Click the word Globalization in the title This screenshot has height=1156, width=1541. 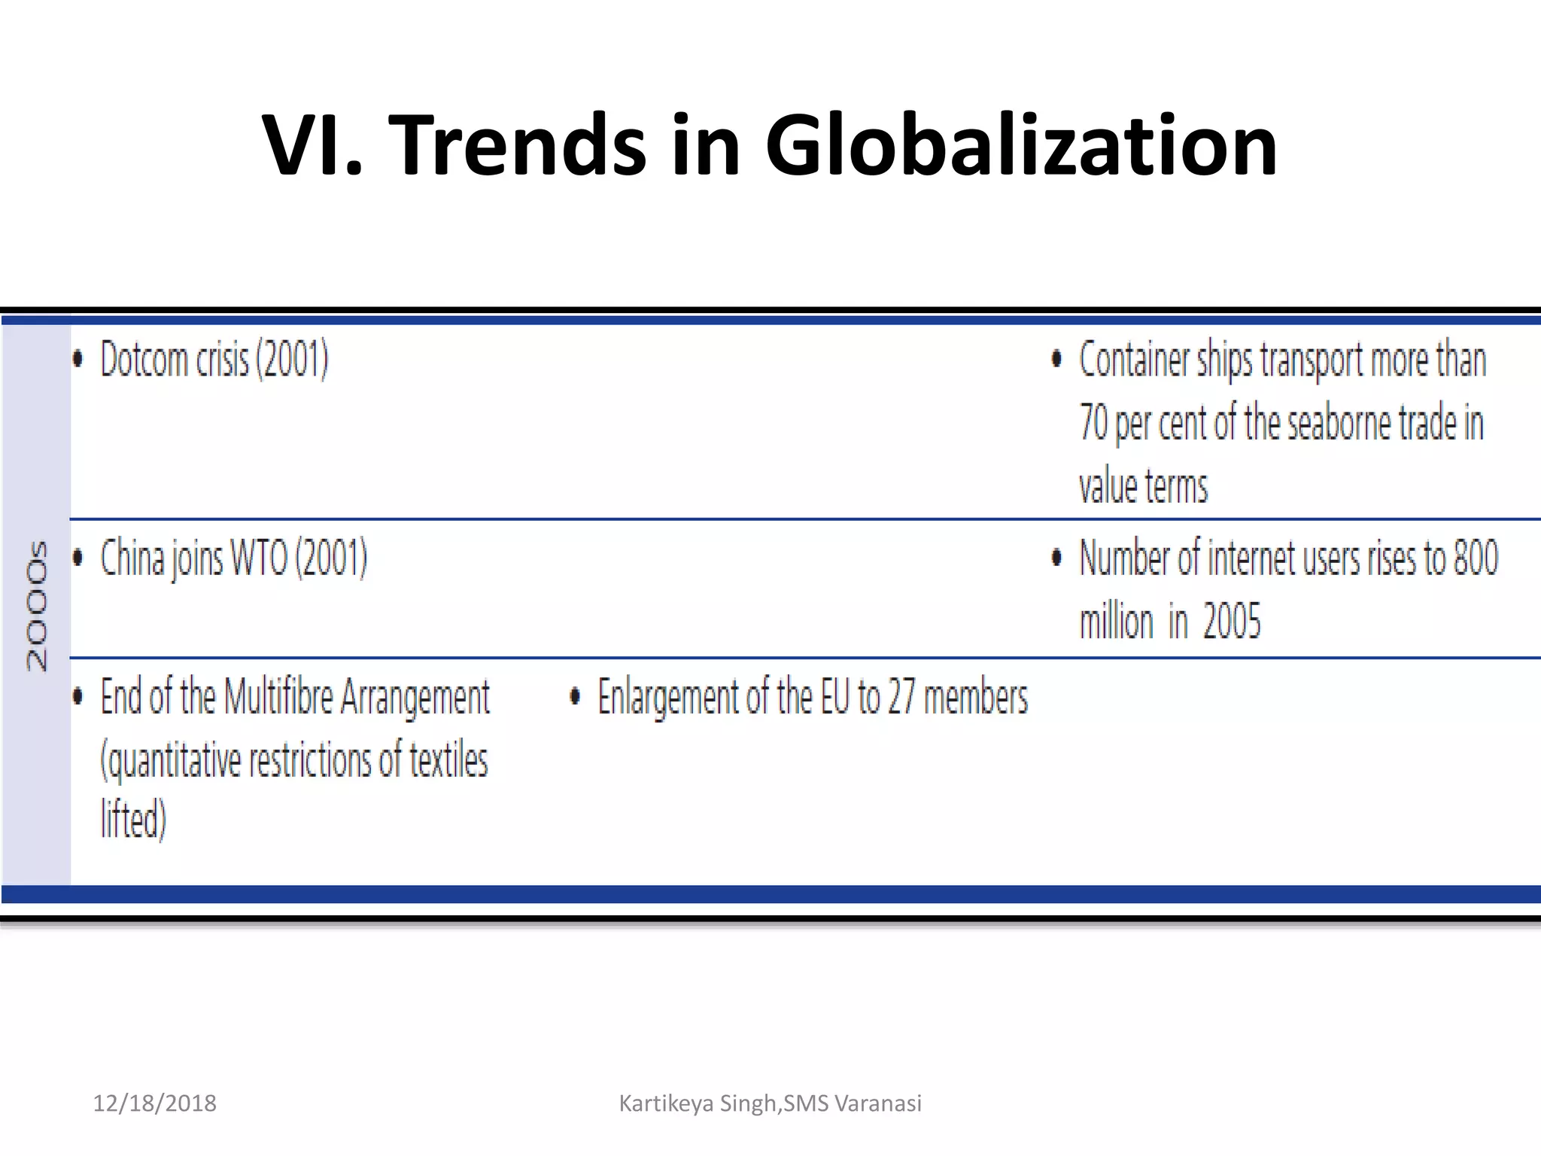[x=1021, y=144]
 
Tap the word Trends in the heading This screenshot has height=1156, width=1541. [x=521, y=144]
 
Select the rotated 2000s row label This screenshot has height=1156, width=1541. [x=36, y=605]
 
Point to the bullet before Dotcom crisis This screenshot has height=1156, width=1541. [x=78, y=359]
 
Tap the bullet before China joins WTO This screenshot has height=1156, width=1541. [x=78, y=558]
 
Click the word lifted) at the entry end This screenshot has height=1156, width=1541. [x=133, y=819]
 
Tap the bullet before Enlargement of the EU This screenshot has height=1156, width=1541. [x=575, y=697]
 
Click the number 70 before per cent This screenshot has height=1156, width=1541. [x=1093, y=422]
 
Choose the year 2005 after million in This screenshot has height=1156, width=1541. [x=1231, y=622]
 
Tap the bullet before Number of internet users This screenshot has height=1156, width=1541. [x=1056, y=558]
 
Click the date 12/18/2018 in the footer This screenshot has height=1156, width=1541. [x=154, y=1103]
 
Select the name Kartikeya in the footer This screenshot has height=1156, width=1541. [x=666, y=1103]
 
